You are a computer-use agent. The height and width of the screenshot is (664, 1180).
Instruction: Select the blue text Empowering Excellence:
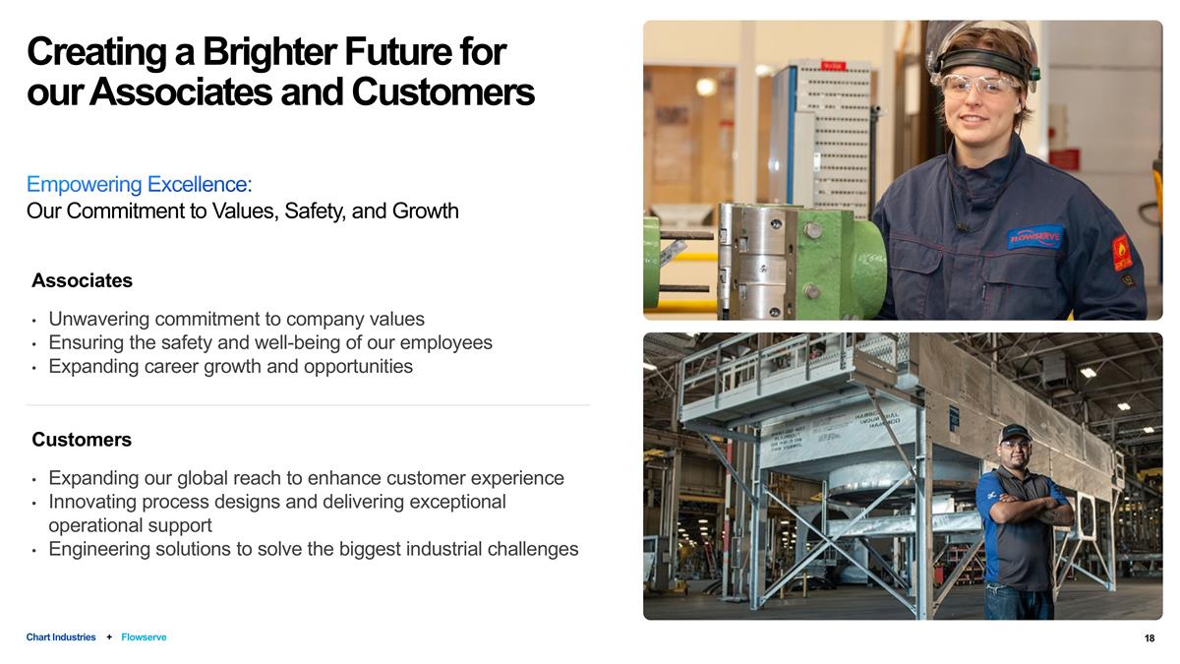[x=139, y=184]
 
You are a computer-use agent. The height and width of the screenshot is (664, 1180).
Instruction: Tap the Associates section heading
[x=82, y=280]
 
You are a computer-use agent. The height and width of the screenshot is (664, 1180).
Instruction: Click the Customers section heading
[x=82, y=439]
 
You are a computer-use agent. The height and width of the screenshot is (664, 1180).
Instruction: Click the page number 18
[x=1150, y=638]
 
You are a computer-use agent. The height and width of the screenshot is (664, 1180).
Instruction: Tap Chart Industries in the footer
[x=61, y=637]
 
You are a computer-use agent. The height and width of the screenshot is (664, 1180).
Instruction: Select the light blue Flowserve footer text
[x=144, y=637]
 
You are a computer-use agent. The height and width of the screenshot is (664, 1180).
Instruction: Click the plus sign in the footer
[x=109, y=637]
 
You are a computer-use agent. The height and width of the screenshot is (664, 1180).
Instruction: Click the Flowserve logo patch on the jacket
[x=1034, y=237]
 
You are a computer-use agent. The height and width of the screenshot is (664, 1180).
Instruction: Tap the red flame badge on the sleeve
[x=1122, y=253]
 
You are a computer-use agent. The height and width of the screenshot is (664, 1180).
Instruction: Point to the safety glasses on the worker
[x=980, y=85]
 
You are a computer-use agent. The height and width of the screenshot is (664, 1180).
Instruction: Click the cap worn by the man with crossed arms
[x=1014, y=432]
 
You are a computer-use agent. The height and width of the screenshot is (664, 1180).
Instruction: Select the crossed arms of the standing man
[x=1027, y=512]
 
